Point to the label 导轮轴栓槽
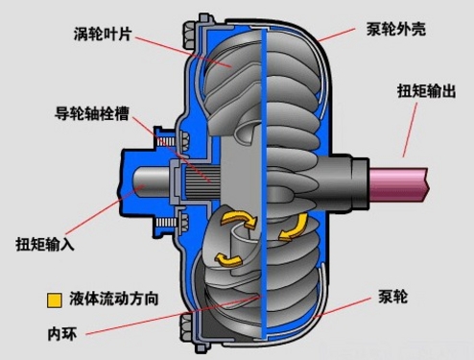[x=91, y=111]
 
